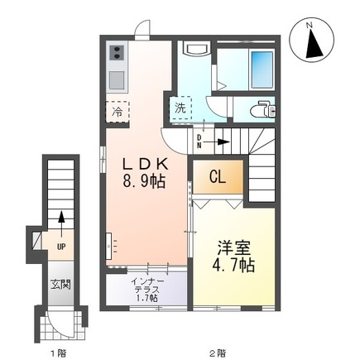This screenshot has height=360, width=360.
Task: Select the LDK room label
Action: coord(143,161)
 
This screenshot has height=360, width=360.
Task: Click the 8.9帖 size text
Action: coord(143,180)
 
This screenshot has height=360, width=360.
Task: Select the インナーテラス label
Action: coord(146,289)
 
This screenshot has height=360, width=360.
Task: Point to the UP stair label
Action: coord(60,246)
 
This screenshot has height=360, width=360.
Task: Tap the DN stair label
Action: coord(199,142)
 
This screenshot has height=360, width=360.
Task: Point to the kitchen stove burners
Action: coord(116,55)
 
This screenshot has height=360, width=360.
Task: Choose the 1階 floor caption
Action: coord(58,353)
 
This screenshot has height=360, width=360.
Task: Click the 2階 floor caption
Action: coord(218,353)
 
